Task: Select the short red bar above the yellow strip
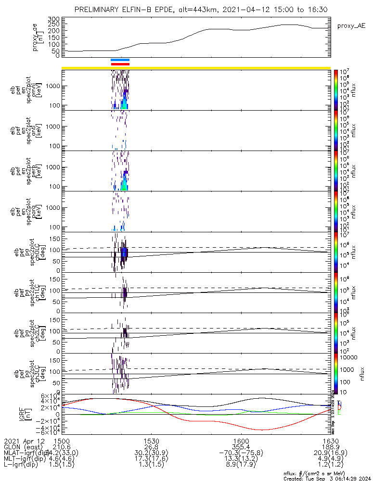[120, 63]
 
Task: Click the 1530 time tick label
[151, 440]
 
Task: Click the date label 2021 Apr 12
[24, 440]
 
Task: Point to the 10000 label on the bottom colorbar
[347, 358]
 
